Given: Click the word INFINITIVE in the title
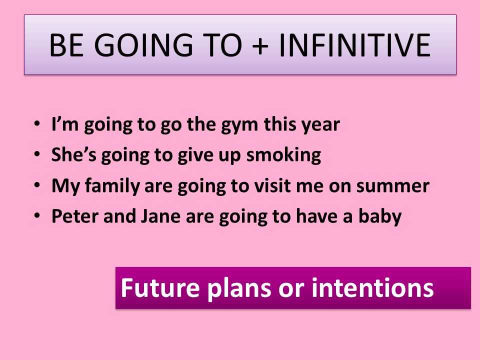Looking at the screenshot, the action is point(355,45).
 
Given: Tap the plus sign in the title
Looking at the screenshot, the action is point(260,46).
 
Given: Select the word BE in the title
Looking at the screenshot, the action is point(66,45).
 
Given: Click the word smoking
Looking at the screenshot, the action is point(284,155).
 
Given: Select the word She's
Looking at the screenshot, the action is point(74,154).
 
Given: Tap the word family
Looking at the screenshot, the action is point(112,186).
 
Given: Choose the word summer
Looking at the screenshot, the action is point(393,186).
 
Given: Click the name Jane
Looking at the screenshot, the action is point(160,216).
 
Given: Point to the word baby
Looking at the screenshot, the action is point(380,217).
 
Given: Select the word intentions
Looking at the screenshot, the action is point(372,288).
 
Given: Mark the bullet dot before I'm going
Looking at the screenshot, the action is point(37,124).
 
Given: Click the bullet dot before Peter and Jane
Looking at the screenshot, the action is point(37,215).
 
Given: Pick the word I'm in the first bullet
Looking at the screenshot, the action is point(65,124).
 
